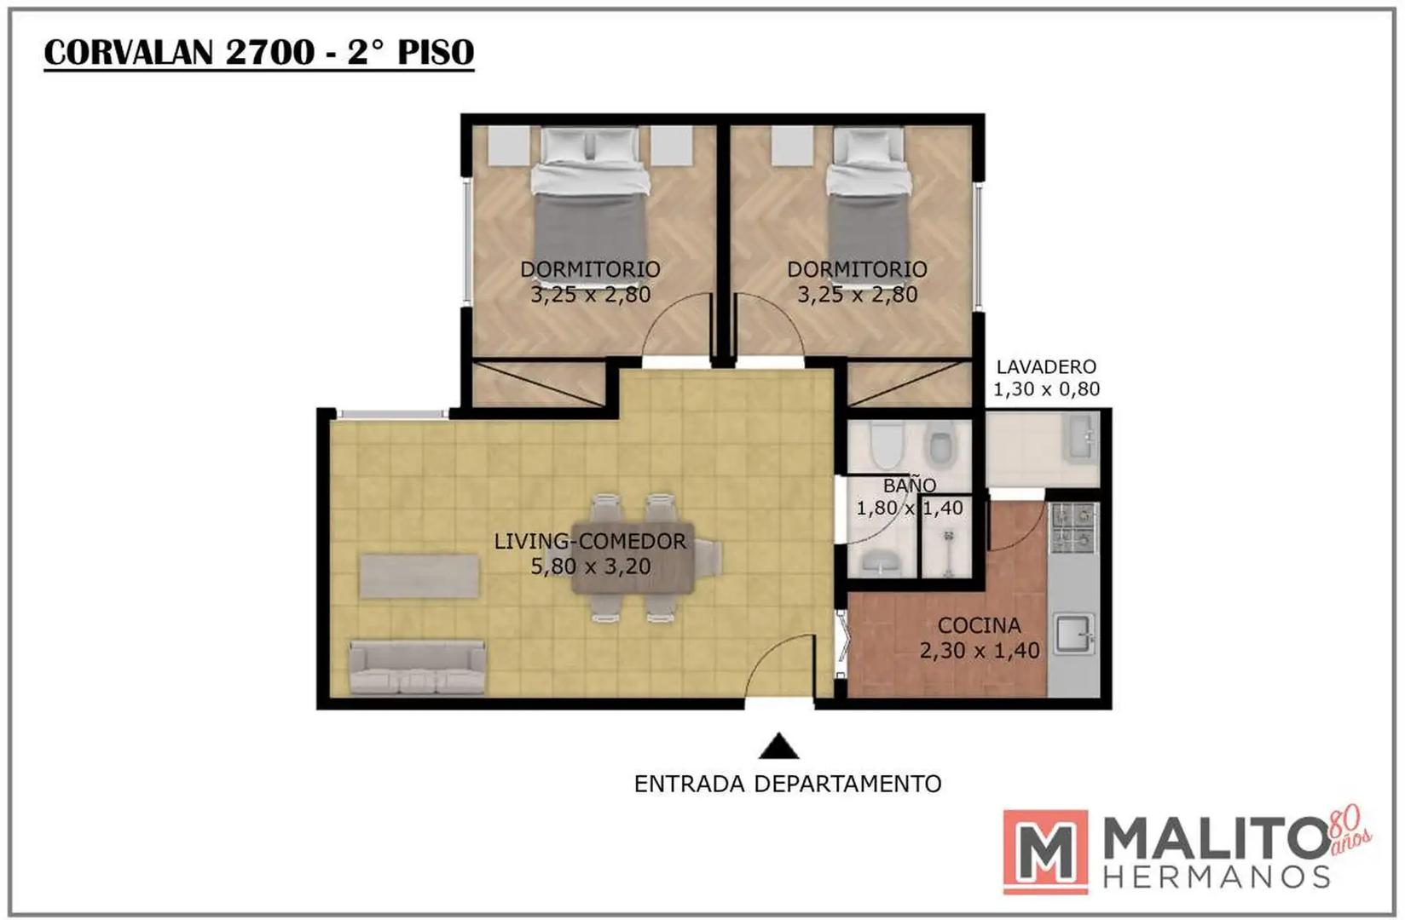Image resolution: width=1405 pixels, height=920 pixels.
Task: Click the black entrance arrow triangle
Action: (778, 747)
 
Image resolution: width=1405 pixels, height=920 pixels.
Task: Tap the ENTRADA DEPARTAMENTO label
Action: (788, 784)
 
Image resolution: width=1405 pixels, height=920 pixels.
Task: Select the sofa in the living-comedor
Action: (417, 667)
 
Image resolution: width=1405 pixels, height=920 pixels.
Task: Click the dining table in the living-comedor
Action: (633, 557)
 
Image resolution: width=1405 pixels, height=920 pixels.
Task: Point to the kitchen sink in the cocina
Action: (1074, 634)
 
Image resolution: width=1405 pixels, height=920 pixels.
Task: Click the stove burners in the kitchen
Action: (1075, 527)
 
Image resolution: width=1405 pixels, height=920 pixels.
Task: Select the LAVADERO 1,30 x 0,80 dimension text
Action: (1046, 378)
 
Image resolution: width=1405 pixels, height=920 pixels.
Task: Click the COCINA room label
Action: (979, 624)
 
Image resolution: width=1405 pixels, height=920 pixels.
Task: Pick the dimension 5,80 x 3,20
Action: (590, 566)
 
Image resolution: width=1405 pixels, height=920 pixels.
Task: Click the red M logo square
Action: (1045, 852)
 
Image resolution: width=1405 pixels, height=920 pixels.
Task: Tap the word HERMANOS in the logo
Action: (1217, 877)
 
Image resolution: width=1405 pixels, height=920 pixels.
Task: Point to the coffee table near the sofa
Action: (419, 575)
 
